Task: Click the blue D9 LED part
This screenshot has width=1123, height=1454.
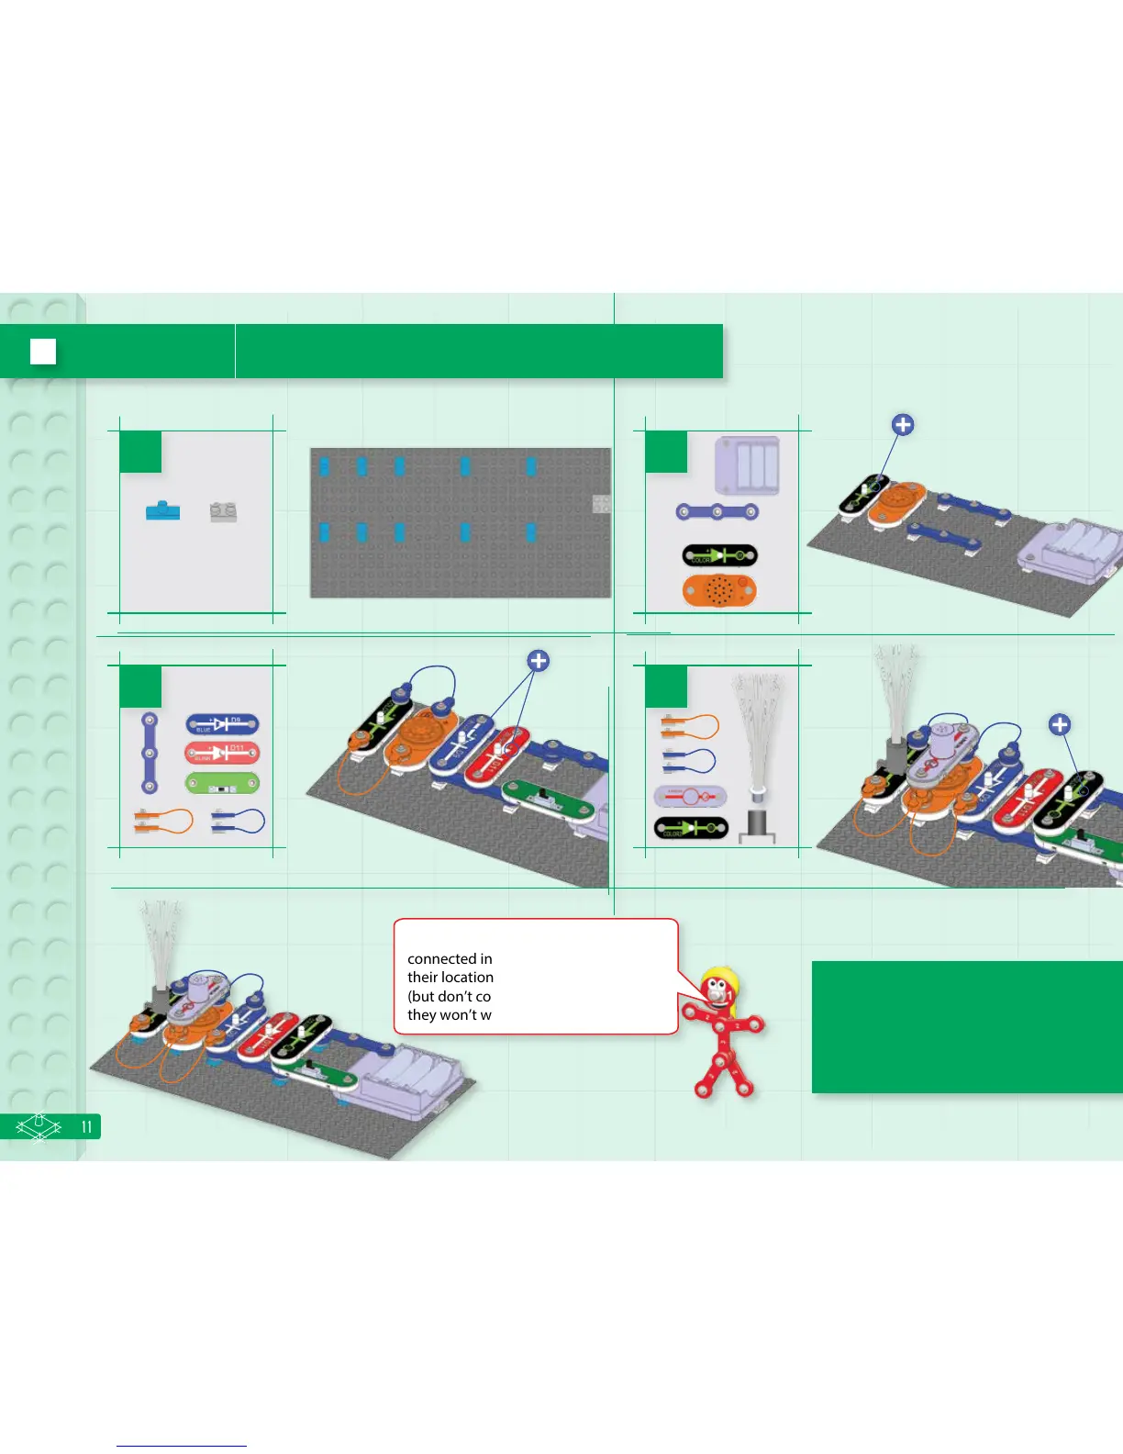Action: [222, 724]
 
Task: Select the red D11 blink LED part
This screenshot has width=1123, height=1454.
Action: [222, 754]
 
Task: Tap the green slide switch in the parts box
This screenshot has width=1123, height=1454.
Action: [222, 784]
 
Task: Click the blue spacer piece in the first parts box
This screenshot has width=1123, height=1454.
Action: [163, 510]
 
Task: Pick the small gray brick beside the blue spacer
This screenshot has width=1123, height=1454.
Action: [223, 511]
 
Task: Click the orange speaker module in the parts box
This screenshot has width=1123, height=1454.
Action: [719, 590]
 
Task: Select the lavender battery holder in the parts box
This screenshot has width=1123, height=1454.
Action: [747, 464]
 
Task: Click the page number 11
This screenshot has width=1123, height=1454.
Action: [86, 1126]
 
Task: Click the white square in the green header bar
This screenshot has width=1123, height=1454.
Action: [43, 352]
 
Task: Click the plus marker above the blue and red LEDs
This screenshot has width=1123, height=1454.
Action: [539, 661]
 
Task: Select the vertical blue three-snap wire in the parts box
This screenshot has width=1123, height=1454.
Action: [149, 753]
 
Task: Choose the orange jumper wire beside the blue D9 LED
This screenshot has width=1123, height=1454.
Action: [163, 821]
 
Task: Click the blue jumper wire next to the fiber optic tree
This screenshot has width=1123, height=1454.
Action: [689, 760]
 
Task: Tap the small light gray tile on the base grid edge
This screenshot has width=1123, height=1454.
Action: [601, 503]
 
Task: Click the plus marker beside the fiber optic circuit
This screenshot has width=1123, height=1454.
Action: [1060, 725]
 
